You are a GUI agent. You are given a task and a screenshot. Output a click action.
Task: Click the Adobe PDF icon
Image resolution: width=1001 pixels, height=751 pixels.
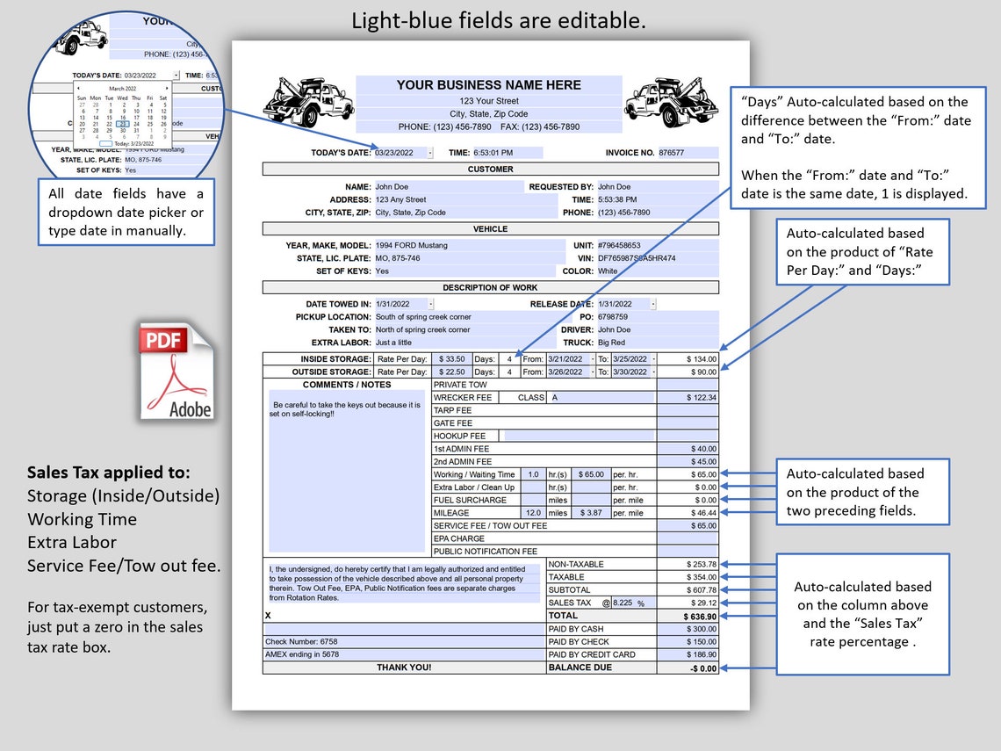[176, 372]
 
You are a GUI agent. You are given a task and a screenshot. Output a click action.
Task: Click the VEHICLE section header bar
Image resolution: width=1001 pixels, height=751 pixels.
[490, 228]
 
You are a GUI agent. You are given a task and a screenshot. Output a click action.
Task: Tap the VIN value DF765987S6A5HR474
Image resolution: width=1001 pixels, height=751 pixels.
[637, 258]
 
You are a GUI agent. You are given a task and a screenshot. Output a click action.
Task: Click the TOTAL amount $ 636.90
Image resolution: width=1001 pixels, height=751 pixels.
[688, 617]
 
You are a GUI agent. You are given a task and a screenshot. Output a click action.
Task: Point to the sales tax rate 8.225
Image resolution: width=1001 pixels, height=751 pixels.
[622, 603]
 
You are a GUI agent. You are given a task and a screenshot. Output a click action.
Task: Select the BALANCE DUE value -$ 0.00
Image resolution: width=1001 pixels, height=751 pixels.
[688, 668]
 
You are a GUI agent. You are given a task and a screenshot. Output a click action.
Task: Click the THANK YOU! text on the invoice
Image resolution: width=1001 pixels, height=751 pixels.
[404, 668]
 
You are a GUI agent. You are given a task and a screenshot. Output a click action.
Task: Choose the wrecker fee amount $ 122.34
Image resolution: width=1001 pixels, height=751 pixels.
[688, 398]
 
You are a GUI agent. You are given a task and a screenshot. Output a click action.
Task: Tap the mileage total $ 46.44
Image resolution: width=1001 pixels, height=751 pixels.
[688, 513]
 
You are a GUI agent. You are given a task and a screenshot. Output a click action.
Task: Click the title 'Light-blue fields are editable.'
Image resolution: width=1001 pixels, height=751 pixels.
[498, 21]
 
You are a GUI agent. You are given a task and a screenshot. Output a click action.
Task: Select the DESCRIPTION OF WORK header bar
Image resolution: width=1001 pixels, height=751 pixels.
[490, 287]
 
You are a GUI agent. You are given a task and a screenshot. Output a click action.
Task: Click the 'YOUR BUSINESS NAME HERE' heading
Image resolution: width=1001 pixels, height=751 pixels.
[488, 85]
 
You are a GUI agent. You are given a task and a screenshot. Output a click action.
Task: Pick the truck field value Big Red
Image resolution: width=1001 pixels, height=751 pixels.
[611, 343]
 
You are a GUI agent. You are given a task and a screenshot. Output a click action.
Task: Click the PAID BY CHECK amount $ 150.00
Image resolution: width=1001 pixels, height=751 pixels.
[688, 642]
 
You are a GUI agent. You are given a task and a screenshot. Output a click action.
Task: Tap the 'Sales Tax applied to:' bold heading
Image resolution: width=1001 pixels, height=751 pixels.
[109, 473]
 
